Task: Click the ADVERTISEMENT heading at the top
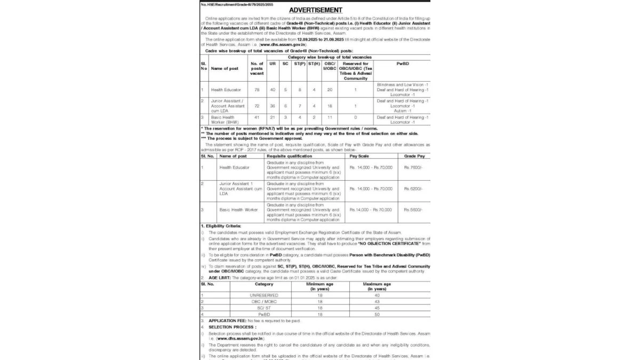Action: tap(315, 10)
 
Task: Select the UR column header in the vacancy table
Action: tap(273, 63)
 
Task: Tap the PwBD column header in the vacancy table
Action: tap(403, 63)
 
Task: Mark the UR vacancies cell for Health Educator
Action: tap(273, 90)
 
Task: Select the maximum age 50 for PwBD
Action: tap(377, 315)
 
